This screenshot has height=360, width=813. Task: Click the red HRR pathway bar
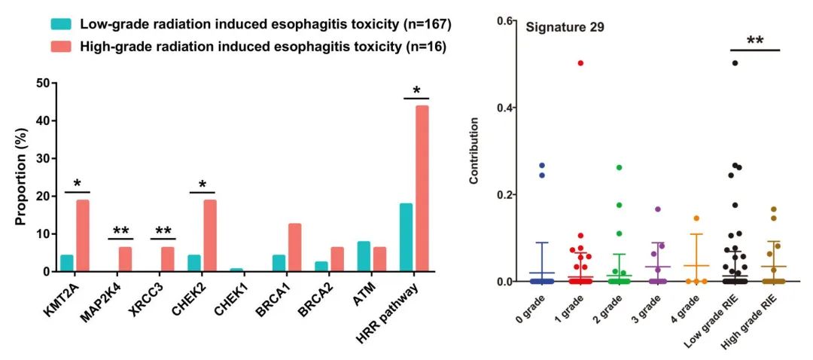[x=423, y=188]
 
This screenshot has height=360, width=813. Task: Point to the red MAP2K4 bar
[x=126, y=259]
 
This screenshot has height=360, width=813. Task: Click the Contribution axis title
[x=474, y=151]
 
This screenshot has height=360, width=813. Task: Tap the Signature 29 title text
[x=565, y=27]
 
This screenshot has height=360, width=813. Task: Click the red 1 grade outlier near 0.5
[x=581, y=63]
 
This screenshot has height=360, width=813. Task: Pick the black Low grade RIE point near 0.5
[x=735, y=63]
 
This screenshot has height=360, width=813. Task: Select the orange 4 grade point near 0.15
[x=696, y=218]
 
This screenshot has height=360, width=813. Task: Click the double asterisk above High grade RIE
[x=755, y=41]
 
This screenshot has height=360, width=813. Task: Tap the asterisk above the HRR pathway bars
[x=415, y=91]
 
